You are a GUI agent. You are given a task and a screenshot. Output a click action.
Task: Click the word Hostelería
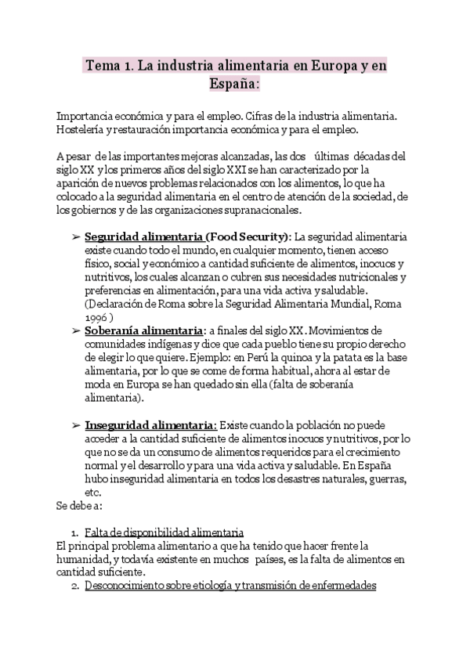(84, 129)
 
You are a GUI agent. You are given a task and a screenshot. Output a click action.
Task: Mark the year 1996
(96, 318)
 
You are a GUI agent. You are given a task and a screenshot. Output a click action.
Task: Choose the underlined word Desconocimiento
(128, 586)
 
